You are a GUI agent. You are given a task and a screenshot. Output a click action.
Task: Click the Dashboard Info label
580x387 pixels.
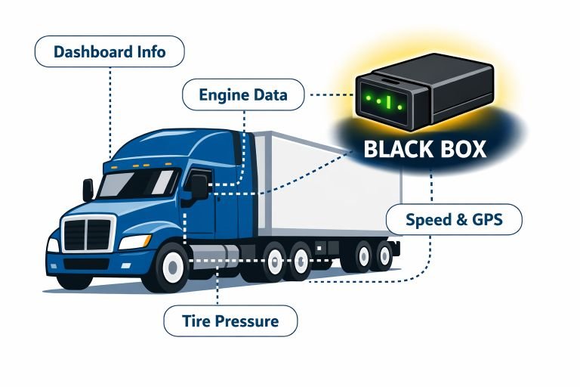click(x=110, y=53)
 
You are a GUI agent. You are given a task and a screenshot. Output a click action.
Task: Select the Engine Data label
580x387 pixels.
click(x=243, y=96)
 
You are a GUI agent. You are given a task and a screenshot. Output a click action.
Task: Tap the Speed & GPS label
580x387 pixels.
click(x=453, y=221)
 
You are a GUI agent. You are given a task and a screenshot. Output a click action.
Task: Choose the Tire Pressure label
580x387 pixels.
click(x=230, y=320)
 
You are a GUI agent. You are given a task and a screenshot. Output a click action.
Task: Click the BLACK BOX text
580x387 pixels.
click(x=424, y=148)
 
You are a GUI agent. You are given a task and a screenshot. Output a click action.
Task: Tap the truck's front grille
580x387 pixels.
click(x=88, y=232)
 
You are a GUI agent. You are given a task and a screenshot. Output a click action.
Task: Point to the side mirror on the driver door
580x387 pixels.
click(x=199, y=187)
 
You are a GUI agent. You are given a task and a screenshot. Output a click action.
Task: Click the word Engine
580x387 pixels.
click(x=224, y=96)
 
